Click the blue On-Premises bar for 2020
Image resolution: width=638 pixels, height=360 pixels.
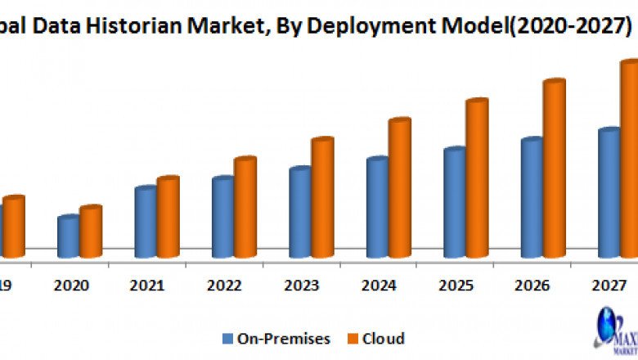tap(68, 237)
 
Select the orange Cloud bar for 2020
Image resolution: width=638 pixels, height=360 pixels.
tap(90, 232)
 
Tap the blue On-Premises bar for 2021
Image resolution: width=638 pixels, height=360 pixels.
tap(146, 223)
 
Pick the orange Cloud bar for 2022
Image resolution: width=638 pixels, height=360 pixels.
tap(245, 208)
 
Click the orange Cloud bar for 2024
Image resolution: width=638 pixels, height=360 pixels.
tap(399, 188)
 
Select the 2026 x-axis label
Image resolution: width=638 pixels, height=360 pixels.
tap(533, 286)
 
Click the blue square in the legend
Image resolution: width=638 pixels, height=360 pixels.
tap(227, 339)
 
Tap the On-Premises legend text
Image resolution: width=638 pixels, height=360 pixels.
tap(283, 339)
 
